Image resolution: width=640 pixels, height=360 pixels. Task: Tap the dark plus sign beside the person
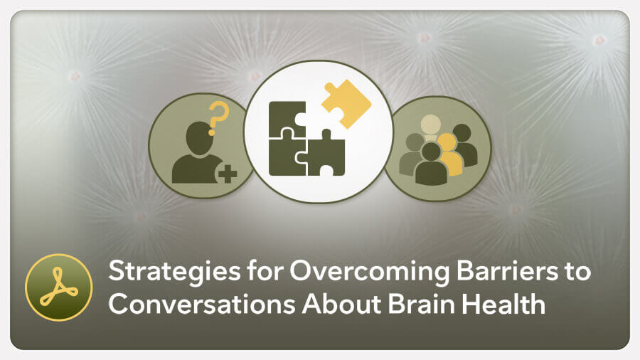point(228,174)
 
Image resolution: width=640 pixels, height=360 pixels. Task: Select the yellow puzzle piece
point(346,104)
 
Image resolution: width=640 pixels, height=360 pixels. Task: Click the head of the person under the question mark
point(200,138)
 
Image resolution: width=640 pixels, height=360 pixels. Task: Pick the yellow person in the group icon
point(449,155)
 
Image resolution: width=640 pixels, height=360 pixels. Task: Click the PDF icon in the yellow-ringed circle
point(59,287)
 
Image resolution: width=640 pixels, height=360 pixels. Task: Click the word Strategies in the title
point(174,272)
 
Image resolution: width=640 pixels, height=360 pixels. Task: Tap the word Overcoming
point(369,272)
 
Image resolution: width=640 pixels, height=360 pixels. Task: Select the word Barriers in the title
point(507,271)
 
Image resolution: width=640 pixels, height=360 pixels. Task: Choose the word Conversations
point(202,305)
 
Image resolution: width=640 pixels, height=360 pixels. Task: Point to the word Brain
point(421,305)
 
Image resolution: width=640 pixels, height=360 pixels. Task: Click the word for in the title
point(265,271)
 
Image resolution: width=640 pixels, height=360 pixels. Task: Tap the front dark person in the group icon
point(431,164)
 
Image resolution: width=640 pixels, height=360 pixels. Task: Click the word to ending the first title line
point(577,272)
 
